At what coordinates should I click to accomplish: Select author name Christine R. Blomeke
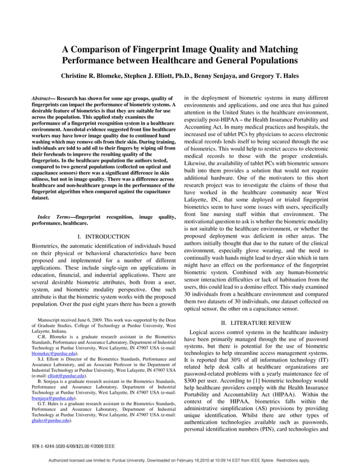(x=95, y=75)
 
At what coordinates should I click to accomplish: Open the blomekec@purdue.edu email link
(x=54, y=354)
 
